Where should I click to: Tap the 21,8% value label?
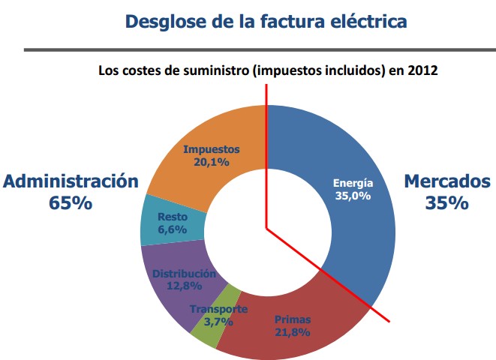tap(292, 332)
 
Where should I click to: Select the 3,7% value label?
tap(219, 322)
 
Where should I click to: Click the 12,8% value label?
tap(183, 286)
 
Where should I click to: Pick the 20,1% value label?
tap(211, 160)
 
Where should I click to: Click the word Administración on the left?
tap(71, 181)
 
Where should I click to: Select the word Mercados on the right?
tap(447, 181)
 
